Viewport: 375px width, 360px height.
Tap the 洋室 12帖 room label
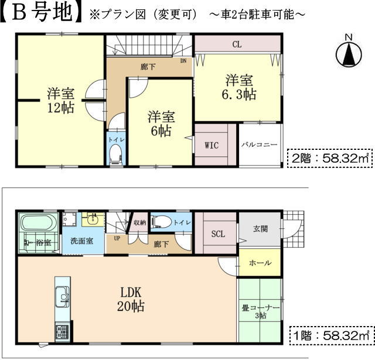click(x=61, y=100)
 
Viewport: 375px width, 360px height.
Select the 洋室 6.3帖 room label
click(x=239, y=87)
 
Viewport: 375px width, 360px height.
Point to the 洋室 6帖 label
click(x=161, y=124)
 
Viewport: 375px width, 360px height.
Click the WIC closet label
click(x=212, y=145)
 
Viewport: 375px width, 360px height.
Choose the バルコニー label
click(x=260, y=145)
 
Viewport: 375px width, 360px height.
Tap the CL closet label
click(x=237, y=44)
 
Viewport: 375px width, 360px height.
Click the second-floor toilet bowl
click(x=115, y=153)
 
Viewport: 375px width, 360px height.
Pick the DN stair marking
click(x=183, y=61)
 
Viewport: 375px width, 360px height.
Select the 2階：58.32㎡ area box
click(x=330, y=158)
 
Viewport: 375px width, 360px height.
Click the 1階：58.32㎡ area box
click(x=332, y=335)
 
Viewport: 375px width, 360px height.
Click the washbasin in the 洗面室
click(x=93, y=220)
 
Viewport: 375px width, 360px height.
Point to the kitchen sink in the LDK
click(x=63, y=296)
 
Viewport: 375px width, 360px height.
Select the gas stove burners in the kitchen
click(x=62, y=332)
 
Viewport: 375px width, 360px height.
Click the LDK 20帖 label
click(x=131, y=299)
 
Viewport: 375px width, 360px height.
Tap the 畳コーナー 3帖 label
click(x=260, y=311)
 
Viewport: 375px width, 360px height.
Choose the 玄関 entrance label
click(x=260, y=229)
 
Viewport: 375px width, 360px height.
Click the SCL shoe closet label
click(x=218, y=234)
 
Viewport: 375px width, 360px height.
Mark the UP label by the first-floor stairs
click(x=117, y=238)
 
